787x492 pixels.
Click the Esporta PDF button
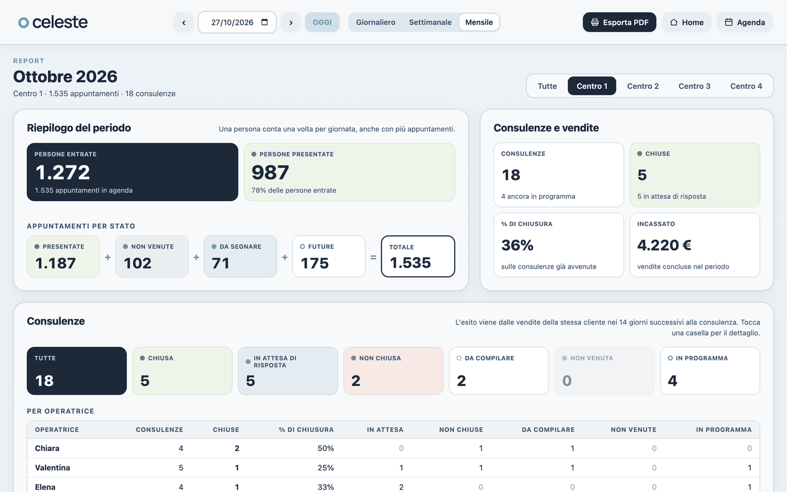[x=619, y=22]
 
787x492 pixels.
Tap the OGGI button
[x=322, y=22]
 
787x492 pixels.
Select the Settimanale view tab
[x=430, y=22]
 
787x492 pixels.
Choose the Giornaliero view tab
[x=376, y=22]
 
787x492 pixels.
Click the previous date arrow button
[x=183, y=22]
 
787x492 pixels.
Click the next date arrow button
[x=291, y=22]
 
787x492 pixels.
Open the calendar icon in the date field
[x=265, y=22]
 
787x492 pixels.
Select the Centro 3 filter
[x=694, y=86]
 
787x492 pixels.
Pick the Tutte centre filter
[x=547, y=86]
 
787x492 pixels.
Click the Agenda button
[x=744, y=22]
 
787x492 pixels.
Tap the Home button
[x=686, y=22]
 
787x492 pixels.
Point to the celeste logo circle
[x=24, y=22]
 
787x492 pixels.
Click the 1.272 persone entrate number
[x=62, y=172]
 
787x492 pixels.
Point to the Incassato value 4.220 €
[x=664, y=245]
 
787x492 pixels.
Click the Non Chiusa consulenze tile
[x=393, y=371]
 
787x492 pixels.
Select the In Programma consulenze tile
[x=709, y=371]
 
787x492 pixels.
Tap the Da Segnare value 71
[x=220, y=263]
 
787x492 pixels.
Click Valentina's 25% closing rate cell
[x=325, y=468]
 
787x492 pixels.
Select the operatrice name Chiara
[x=47, y=448]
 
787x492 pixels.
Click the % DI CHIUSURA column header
[x=306, y=430]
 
